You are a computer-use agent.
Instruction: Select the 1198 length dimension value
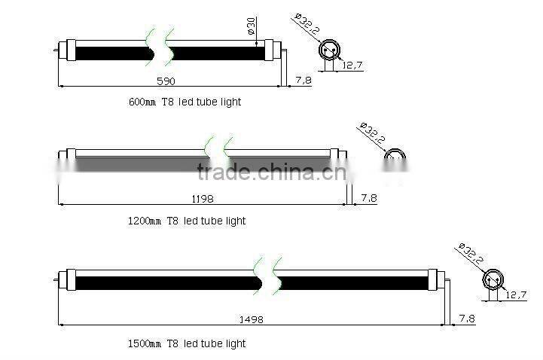point(203,198)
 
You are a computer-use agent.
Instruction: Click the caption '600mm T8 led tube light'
point(185,101)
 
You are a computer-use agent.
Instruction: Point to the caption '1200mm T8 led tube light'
point(187,221)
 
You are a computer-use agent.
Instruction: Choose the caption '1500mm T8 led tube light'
point(187,343)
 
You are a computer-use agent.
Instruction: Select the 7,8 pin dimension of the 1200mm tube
point(369,197)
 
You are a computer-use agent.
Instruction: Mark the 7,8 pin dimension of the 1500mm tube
point(467,319)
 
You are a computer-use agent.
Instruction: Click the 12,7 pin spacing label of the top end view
point(353,66)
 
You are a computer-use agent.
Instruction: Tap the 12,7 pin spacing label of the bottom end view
point(515,294)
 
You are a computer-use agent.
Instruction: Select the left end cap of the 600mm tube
point(66,53)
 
